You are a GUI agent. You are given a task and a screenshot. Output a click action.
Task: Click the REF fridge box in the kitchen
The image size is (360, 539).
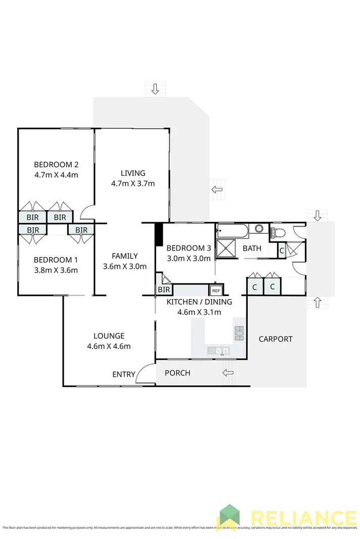click(216, 290)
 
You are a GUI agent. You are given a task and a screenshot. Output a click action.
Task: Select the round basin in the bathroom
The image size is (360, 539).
click(259, 229)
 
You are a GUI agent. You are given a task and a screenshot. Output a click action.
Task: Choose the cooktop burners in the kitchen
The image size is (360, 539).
click(239, 333)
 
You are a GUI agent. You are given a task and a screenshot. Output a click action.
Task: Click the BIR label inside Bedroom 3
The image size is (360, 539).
click(164, 289)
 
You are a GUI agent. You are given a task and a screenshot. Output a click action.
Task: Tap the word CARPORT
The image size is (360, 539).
click(276, 339)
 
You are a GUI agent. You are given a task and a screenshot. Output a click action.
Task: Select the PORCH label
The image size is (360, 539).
click(178, 373)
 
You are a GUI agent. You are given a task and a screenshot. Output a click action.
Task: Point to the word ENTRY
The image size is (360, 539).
click(124, 374)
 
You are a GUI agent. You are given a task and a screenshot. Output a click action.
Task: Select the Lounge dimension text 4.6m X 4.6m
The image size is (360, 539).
click(109, 346)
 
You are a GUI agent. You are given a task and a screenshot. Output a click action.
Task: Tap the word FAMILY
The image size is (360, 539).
click(125, 256)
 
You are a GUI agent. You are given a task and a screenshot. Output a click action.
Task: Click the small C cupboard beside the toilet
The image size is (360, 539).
click(282, 250)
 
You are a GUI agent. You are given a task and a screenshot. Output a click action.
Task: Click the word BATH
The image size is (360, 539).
click(252, 248)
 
